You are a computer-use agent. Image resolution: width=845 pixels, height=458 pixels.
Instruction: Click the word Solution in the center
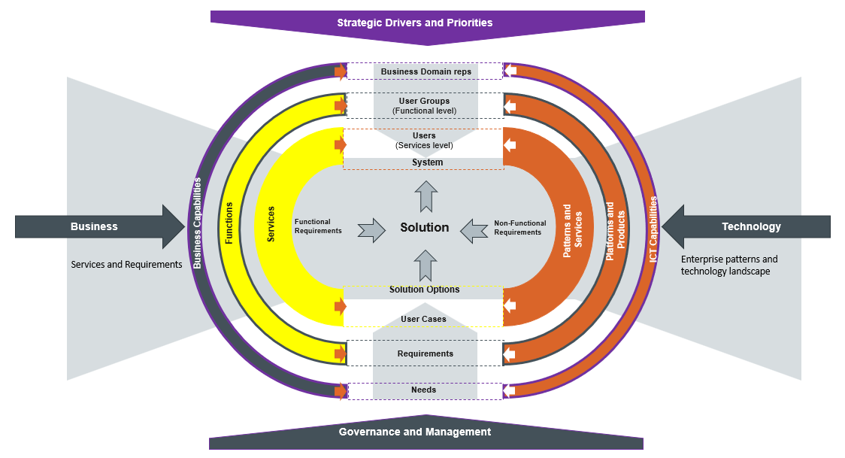(x=424, y=228)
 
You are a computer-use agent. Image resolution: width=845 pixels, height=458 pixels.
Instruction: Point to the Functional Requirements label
(x=318, y=226)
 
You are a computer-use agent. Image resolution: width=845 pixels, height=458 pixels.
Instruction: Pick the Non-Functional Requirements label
(x=517, y=228)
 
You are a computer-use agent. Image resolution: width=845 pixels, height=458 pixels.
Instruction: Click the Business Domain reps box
(x=426, y=72)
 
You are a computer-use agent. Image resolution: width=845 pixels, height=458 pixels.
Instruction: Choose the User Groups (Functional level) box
(x=424, y=105)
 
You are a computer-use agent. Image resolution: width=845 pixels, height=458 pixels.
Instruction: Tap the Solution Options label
(x=424, y=290)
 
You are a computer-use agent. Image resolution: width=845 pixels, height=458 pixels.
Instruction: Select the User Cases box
(x=423, y=319)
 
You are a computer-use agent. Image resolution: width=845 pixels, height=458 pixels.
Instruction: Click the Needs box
(x=423, y=390)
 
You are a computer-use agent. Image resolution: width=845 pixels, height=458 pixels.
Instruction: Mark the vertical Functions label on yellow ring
(x=229, y=223)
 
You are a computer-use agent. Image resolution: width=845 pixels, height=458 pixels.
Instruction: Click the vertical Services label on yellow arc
(x=271, y=224)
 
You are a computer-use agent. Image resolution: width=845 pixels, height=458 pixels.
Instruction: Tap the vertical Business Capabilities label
(x=197, y=223)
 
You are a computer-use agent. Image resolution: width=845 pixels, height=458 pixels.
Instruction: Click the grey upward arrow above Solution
(x=426, y=196)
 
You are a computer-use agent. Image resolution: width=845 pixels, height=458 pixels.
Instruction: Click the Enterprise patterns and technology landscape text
(x=728, y=265)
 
